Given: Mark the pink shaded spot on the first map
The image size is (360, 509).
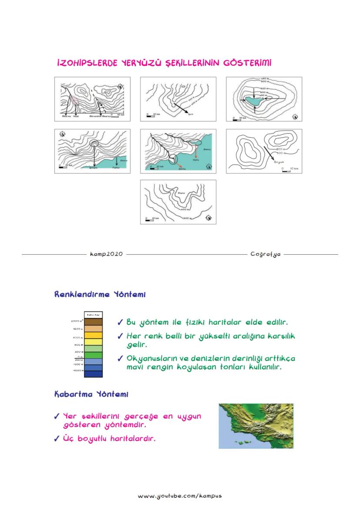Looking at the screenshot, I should tap(74, 100).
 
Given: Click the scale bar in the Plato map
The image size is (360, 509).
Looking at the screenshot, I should tap(150, 220).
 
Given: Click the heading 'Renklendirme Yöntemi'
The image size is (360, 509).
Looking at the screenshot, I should tap(100, 295).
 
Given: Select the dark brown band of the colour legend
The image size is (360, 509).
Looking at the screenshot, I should tap(93, 322).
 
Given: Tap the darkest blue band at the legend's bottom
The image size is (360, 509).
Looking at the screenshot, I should tap(93, 373).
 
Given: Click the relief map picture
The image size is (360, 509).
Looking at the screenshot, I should tap(256, 426).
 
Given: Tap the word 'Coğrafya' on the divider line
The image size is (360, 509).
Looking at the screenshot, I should tap(265, 254).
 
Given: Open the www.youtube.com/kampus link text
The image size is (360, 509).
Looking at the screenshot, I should tap(180, 496).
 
